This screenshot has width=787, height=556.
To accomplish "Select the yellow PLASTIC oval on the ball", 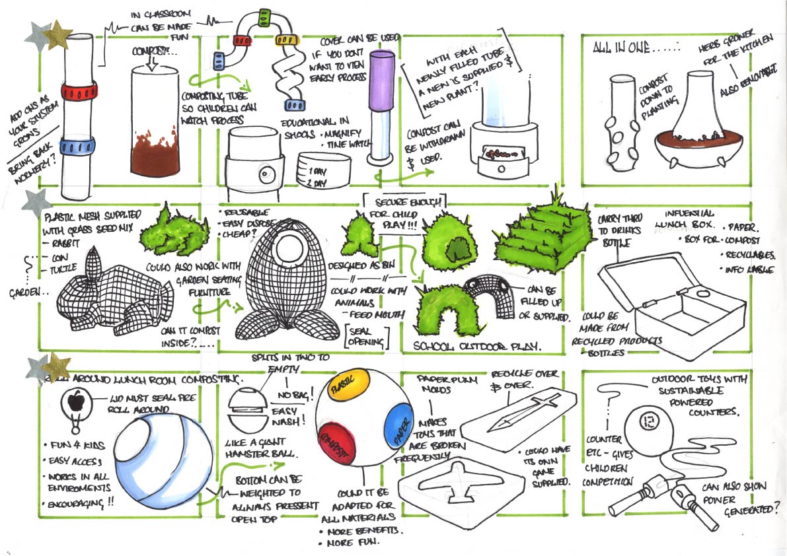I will [x=344, y=384].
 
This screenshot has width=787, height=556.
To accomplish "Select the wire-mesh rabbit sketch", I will [x=109, y=296].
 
